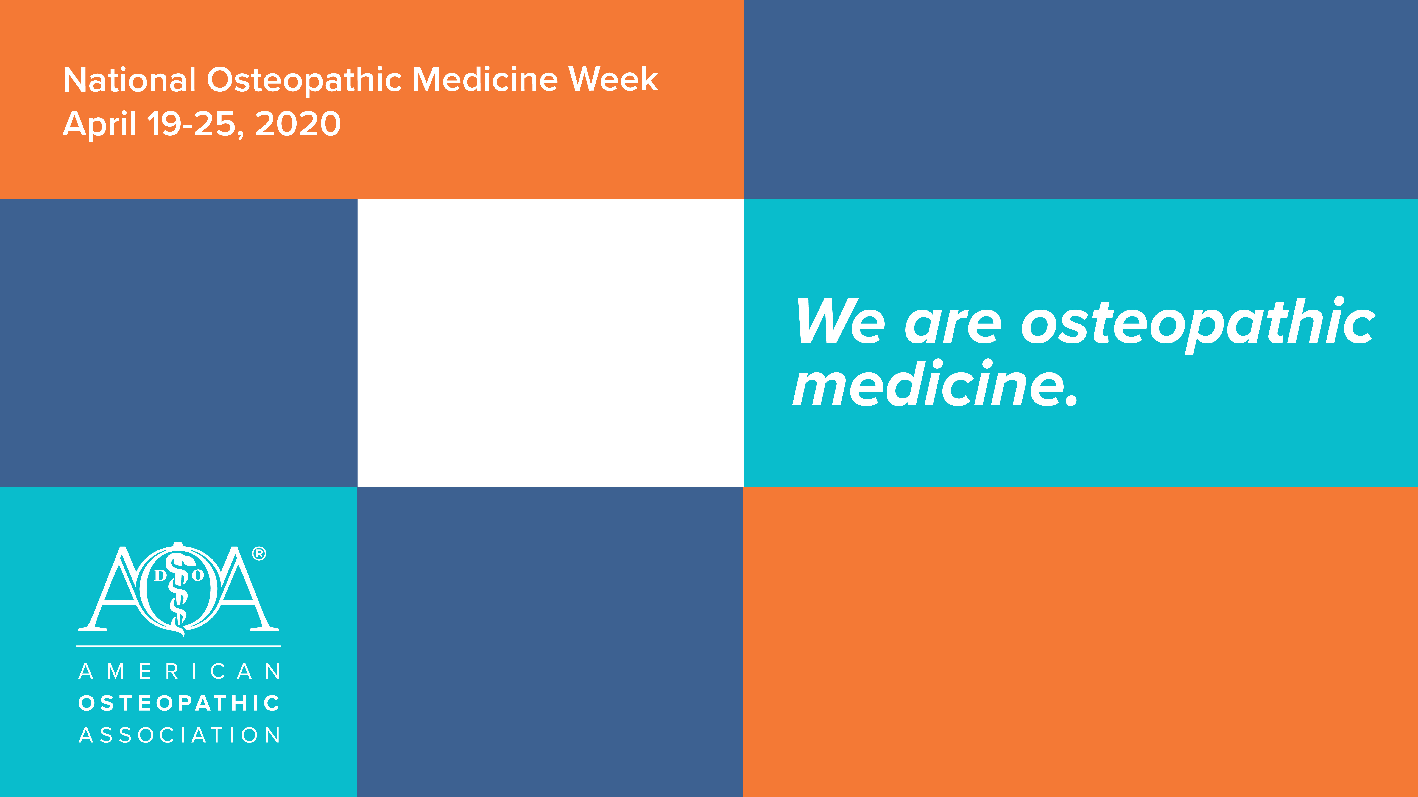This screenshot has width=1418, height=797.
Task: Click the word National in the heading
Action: (x=129, y=80)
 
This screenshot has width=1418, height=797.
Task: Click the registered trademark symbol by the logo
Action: (x=259, y=554)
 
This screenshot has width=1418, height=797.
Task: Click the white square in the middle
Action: (x=551, y=343)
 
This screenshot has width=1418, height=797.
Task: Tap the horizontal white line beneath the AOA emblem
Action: (x=178, y=646)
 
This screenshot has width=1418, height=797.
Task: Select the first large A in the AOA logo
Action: (x=113, y=589)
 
